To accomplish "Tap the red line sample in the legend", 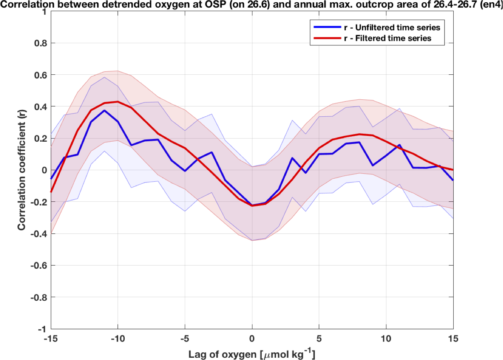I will pos(327,38).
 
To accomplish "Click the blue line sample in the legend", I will pos(327,27).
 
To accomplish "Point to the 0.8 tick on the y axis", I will pos(40,43).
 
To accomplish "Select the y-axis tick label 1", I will pos(44,12).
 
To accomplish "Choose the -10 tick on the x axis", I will pos(118,338).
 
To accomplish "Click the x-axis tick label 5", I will pos(319,338).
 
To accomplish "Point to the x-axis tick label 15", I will pos(453,338).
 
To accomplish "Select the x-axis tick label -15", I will pos(51,338).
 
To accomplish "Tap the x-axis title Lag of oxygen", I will pos(252,354).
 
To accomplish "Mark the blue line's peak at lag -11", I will pos(104,111).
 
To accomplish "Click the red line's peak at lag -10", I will pos(118,102).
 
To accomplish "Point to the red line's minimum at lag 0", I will pos(252,206).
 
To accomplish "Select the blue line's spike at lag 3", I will pos(292,158).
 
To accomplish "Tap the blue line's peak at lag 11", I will pos(399,145).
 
